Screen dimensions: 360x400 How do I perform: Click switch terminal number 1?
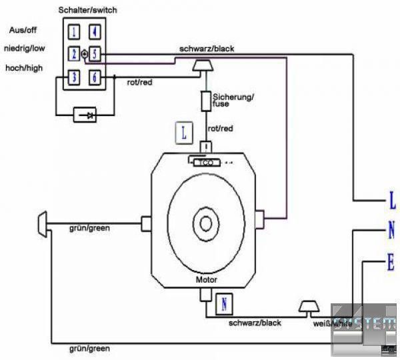[x=75, y=31]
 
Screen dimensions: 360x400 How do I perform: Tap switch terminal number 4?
[x=95, y=31]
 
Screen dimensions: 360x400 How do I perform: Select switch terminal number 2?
[x=75, y=53]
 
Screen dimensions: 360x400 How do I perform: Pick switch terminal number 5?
[x=95, y=53]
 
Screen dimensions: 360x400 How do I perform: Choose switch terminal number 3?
[x=75, y=77]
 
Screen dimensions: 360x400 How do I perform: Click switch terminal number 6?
[x=95, y=77]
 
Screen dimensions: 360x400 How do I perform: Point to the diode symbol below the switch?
[x=87, y=115]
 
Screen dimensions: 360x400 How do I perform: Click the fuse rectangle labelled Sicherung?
[x=205, y=101]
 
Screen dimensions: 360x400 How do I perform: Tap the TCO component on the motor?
[x=205, y=161]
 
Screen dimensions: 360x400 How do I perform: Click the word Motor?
[x=207, y=280]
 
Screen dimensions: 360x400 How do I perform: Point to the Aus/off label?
[x=22, y=31]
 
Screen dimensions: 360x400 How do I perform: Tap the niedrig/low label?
[x=25, y=49]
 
